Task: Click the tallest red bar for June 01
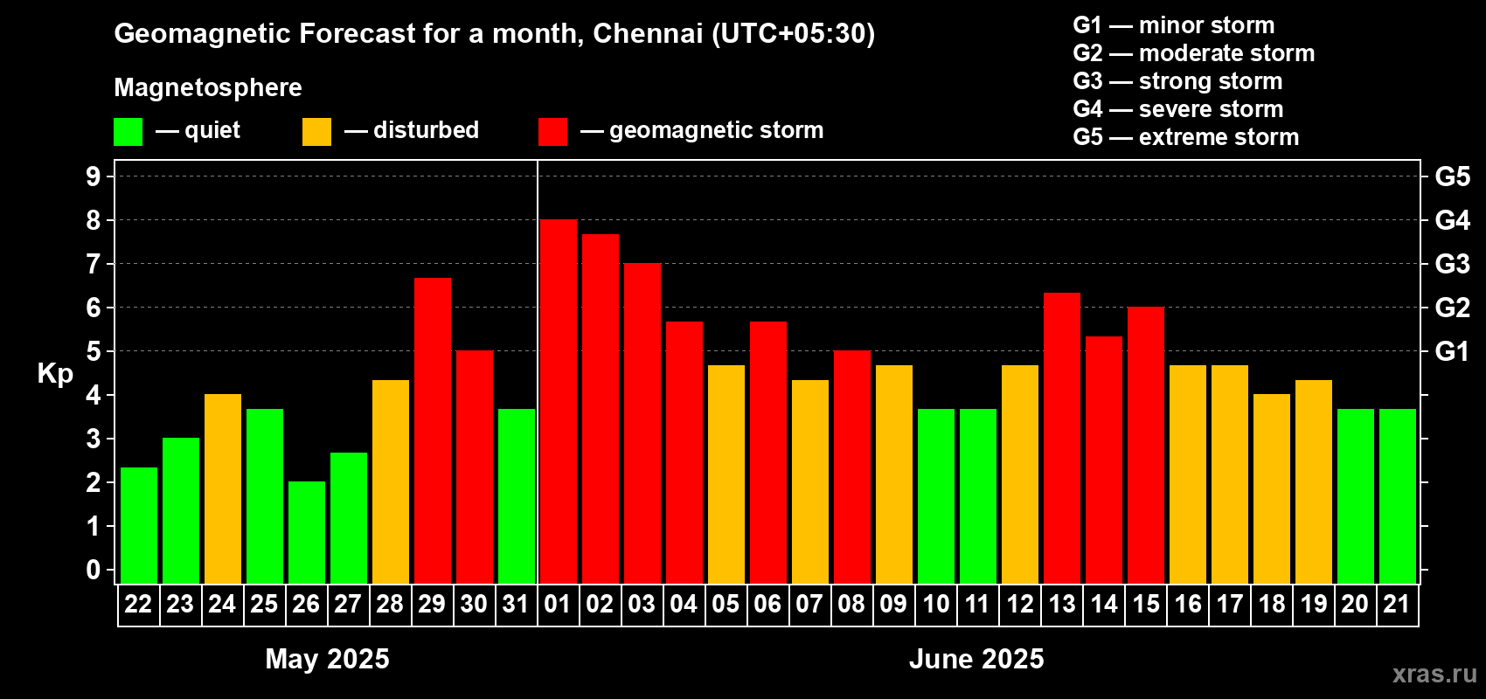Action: (558, 402)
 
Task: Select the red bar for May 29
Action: (432, 431)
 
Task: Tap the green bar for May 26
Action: (306, 532)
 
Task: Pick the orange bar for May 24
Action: (222, 488)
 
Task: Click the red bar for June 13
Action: (1061, 438)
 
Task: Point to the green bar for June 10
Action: (935, 495)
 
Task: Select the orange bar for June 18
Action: (1271, 488)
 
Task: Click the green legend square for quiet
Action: (128, 132)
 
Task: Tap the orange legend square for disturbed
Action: (316, 132)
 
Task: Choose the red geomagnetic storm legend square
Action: (552, 132)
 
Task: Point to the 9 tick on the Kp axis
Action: (94, 176)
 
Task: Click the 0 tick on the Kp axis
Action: (94, 571)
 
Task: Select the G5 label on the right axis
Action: (1452, 176)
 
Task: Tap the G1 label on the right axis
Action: (1452, 351)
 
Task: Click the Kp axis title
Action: (55, 374)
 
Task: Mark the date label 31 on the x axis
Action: (516, 604)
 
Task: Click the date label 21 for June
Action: (1397, 604)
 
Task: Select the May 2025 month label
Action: (327, 659)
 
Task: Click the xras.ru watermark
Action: (1434, 674)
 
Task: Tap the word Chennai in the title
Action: (648, 33)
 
